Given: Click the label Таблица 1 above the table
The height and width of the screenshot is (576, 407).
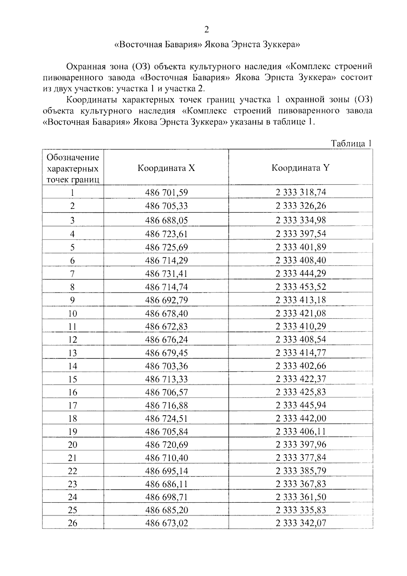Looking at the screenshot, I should coord(351,143).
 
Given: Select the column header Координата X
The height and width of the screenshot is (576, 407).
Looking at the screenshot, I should coord(166,168).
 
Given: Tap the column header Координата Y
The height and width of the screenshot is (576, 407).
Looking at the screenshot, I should coord(301,168).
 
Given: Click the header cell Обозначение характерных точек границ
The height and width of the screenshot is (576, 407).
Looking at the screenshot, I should coord(73,168).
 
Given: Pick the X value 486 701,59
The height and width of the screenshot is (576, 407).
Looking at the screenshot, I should coord(166,193).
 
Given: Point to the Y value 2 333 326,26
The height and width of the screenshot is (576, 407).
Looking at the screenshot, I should coord(301,206).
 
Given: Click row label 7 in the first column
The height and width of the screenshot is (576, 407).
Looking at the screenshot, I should coord(73,274).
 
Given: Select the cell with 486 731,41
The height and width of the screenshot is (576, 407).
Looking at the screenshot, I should coord(166,274).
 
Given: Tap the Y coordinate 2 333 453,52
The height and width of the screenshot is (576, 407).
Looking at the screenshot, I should coord(301,287).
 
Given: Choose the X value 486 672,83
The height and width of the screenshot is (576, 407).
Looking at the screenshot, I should coord(166,327).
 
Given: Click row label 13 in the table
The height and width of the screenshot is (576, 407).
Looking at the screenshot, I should coord(73,353).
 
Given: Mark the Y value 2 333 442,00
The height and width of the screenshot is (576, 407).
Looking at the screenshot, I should coord(301,419).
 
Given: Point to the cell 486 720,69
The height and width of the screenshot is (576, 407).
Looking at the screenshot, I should coord(166,445).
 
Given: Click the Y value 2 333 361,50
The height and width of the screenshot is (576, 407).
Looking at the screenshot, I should coord(301,497).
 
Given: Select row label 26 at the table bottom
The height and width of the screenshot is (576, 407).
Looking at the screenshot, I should coord(73,523).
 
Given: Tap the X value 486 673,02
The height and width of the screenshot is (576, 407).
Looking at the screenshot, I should coord(166,523).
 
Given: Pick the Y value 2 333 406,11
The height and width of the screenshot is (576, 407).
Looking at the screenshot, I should coord(301,431).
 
